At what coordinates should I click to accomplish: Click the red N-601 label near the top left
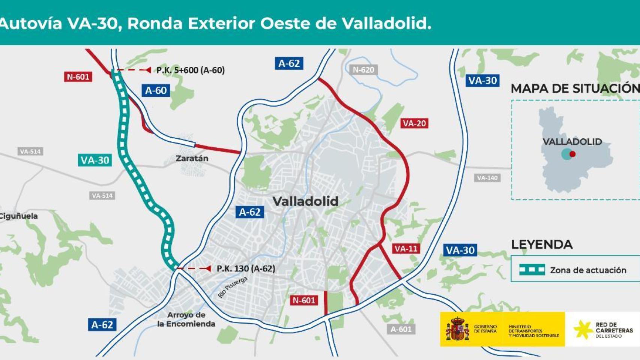[78, 77]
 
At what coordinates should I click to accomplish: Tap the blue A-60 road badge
[155, 90]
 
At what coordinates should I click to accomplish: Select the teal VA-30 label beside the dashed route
[95, 160]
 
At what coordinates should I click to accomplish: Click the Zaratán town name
[192, 158]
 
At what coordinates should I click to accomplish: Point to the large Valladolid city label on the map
[305, 201]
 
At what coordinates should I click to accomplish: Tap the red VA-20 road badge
[414, 123]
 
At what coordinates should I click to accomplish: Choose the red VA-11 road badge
[406, 249]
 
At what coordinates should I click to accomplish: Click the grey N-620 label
[363, 70]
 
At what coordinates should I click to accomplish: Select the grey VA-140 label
[487, 178]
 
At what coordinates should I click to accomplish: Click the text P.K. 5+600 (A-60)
[191, 70]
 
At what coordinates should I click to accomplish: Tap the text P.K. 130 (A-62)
[246, 268]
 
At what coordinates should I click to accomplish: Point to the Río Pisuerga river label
[233, 287]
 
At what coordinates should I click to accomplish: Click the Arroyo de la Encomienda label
[186, 319]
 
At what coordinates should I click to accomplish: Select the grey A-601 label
[401, 329]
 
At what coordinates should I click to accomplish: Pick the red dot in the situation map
[572, 154]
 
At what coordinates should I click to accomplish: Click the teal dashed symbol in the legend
[532, 270]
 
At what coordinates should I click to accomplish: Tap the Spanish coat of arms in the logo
[457, 329]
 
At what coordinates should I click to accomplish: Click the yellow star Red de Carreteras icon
[583, 329]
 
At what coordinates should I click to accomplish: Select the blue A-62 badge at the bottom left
[102, 324]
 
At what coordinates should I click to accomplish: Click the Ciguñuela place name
[19, 216]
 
